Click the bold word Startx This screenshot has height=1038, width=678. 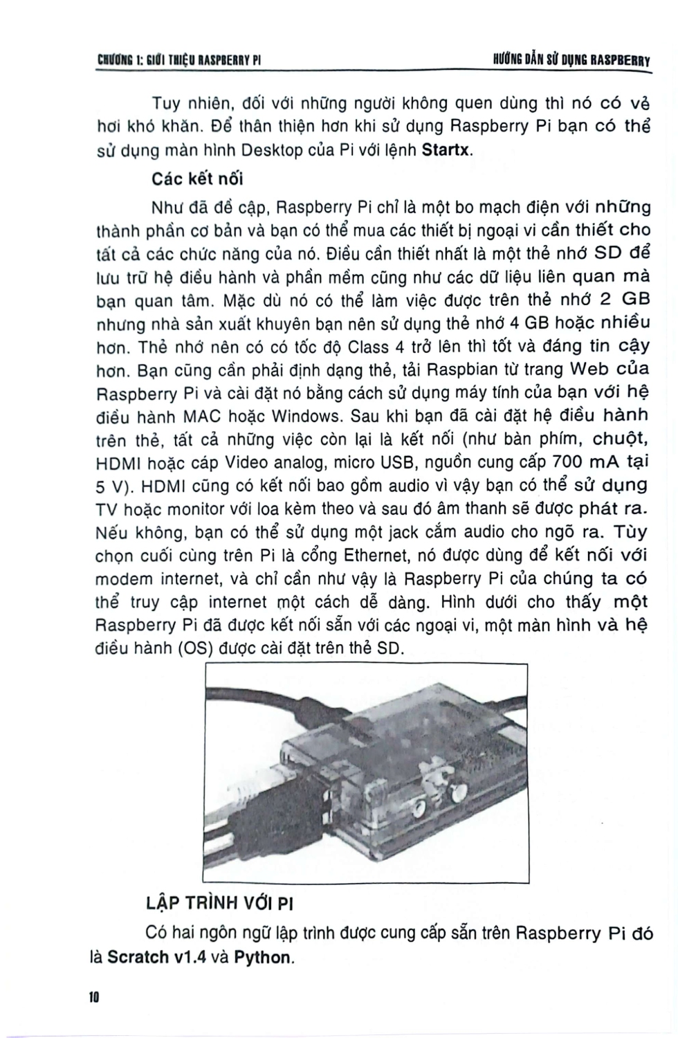[446, 150]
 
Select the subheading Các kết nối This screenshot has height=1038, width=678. [197, 179]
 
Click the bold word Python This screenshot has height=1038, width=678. [263, 958]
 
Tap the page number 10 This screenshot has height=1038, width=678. [95, 998]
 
